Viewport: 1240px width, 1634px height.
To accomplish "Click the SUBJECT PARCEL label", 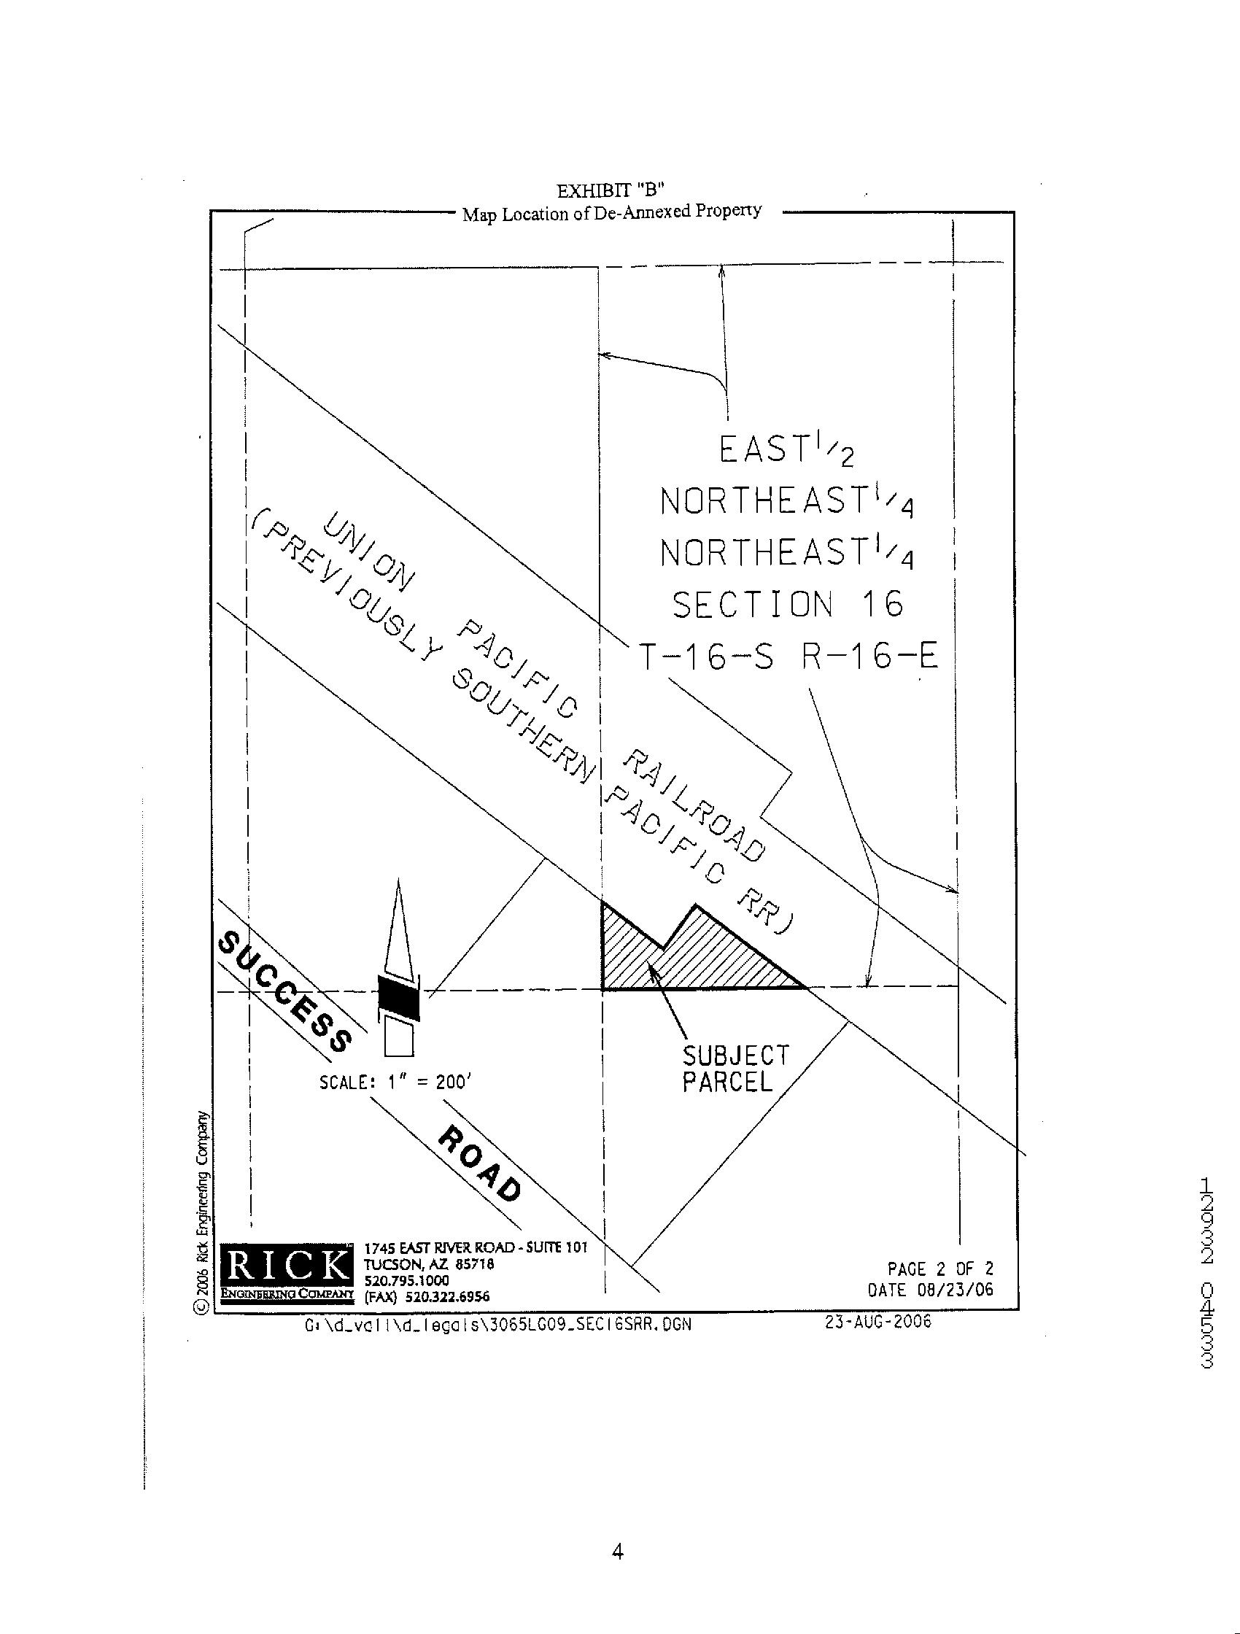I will [735, 1069].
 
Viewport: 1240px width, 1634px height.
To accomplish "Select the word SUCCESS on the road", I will [284, 991].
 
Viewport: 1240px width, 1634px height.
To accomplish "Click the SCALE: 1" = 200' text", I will [395, 1083].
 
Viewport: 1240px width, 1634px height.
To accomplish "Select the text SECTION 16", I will [787, 605].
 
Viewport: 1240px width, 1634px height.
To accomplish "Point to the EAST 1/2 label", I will [786, 450].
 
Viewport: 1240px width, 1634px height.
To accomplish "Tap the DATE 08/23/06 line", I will [930, 1290].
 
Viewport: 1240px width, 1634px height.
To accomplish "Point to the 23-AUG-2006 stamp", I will [877, 1322].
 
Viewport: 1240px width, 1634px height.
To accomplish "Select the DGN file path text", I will [498, 1325].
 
